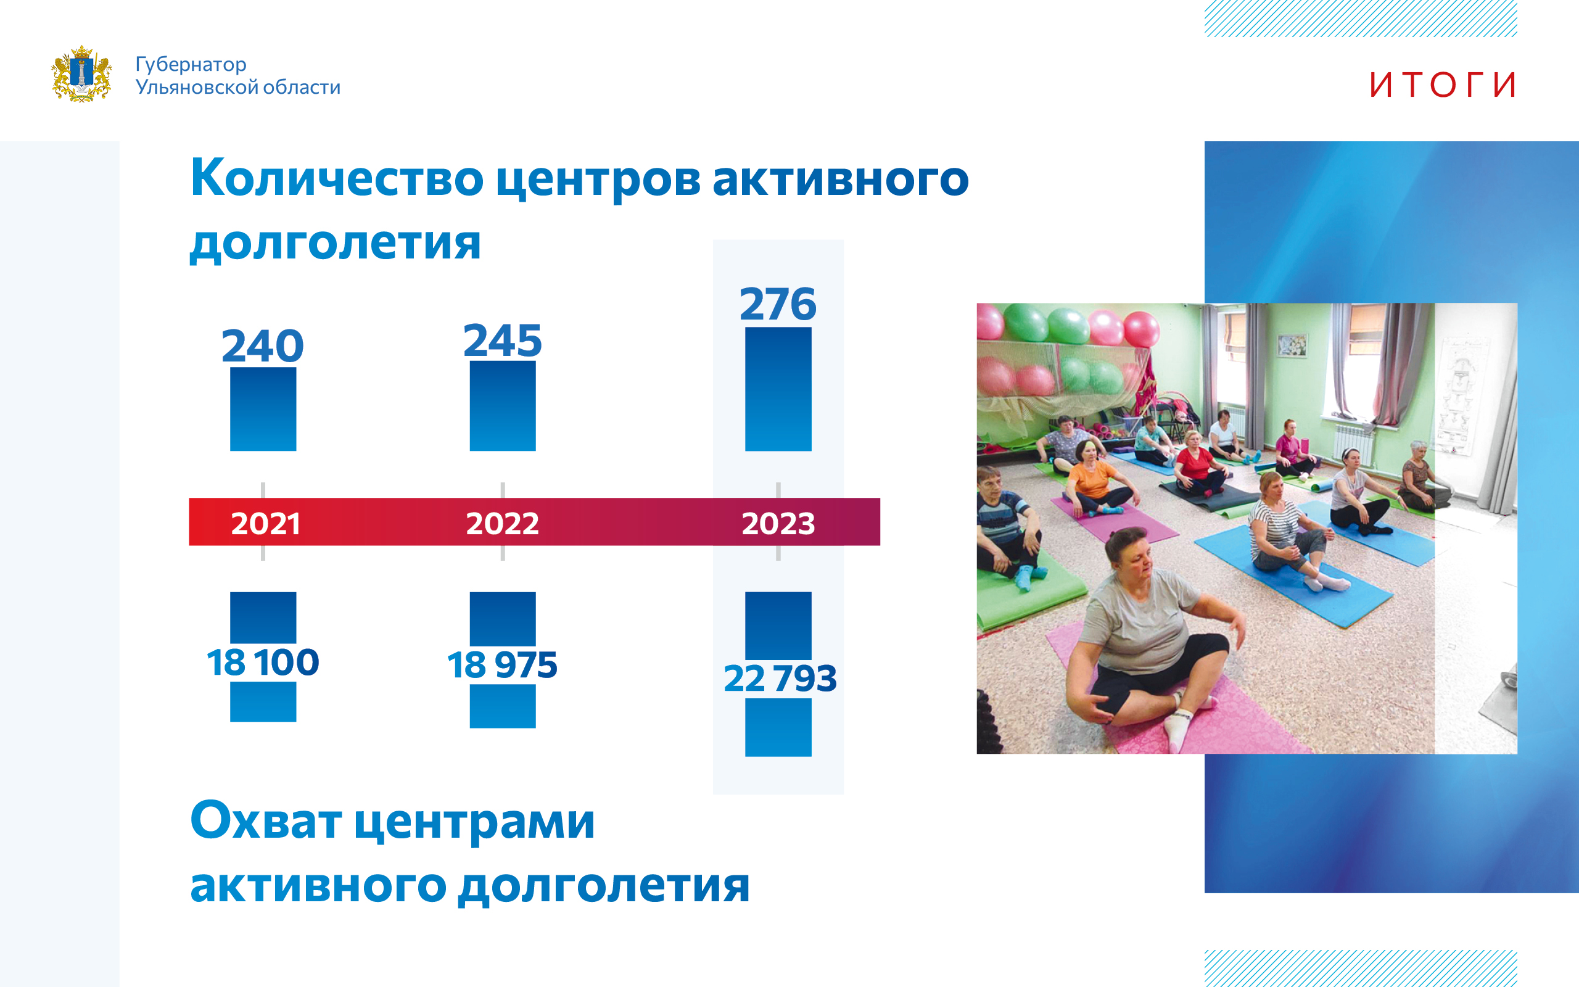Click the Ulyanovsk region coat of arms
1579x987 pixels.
[x=81, y=74]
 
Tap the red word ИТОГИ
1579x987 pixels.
[x=1443, y=85]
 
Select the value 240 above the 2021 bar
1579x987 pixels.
[x=263, y=345]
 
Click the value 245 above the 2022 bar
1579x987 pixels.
[x=503, y=340]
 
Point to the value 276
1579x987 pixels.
[x=778, y=304]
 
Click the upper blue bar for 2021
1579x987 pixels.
[x=263, y=408]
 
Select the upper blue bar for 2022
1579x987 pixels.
[x=503, y=405]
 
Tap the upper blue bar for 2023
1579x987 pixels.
[x=778, y=389]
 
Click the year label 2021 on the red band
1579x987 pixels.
[x=266, y=524]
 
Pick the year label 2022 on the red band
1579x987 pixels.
[x=503, y=524]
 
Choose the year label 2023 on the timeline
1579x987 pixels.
[x=778, y=524]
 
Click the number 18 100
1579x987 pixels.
[x=263, y=662]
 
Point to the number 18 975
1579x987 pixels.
[x=503, y=664]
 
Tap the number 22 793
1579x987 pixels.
[x=780, y=677]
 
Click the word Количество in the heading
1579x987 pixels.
[x=337, y=178]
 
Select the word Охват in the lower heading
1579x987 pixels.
[x=266, y=820]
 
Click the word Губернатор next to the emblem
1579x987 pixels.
[x=191, y=64]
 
